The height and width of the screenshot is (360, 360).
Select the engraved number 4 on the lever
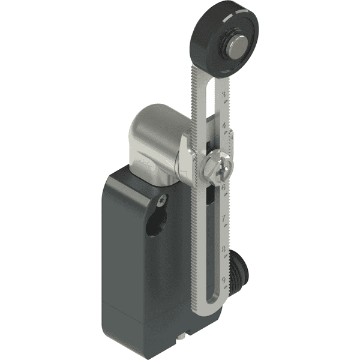224,127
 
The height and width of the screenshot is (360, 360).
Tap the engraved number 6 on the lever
224,187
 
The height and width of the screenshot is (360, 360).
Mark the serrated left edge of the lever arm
194,210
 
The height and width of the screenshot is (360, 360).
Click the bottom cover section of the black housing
150,336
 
